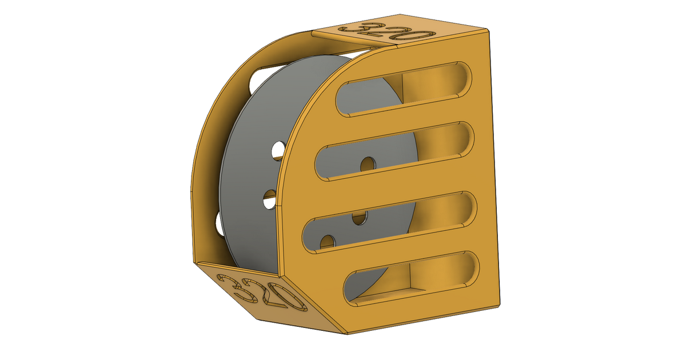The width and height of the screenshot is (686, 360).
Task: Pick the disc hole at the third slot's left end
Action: pos(327,242)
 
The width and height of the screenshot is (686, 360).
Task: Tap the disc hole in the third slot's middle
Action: pos(359,217)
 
